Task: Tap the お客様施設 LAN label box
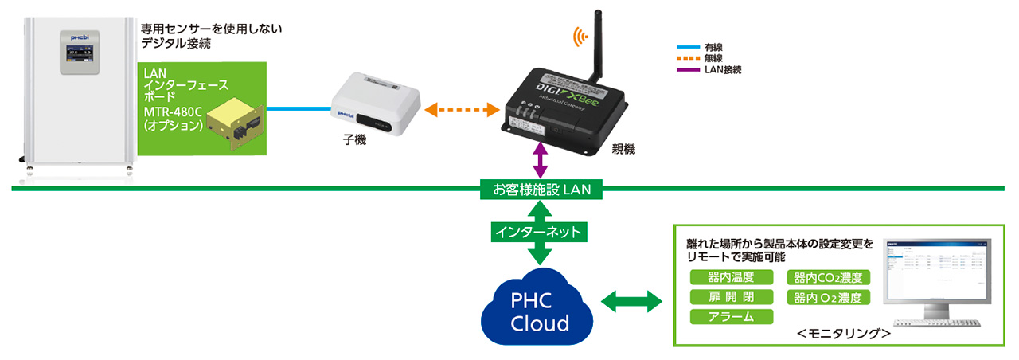click(x=541, y=190)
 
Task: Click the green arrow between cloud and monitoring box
click(x=634, y=302)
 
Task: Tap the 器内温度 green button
click(x=732, y=277)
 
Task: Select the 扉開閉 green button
click(x=732, y=297)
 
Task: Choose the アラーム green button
click(x=732, y=317)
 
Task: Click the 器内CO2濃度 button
click(x=828, y=278)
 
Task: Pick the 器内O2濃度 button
click(x=828, y=298)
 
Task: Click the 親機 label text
click(x=623, y=149)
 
